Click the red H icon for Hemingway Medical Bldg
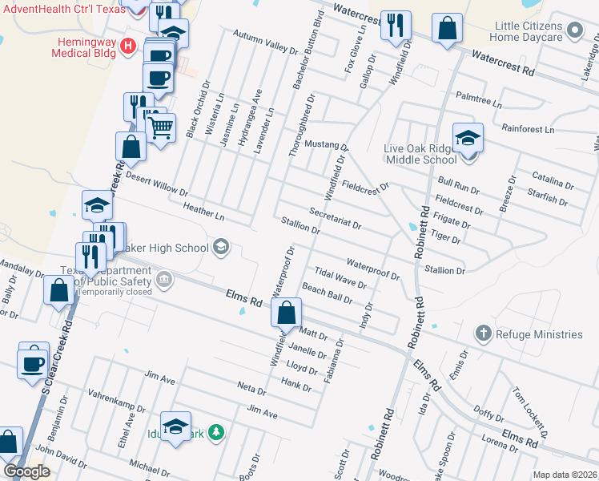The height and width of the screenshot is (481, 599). tap(127, 45)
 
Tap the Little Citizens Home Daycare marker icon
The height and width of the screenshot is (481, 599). tap(573, 30)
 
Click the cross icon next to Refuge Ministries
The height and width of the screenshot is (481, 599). tap(483, 333)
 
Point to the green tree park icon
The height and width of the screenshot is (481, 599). tap(215, 433)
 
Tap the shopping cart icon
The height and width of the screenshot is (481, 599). tap(161, 126)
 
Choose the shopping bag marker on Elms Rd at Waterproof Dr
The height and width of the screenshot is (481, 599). tap(287, 313)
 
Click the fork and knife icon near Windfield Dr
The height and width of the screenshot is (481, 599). tap(396, 26)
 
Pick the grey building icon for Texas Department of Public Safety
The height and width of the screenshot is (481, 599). tap(163, 280)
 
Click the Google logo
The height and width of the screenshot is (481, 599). tap(27, 471)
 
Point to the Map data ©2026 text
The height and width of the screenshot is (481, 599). tap(565, 475)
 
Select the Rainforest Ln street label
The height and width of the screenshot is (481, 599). tap(528, 128)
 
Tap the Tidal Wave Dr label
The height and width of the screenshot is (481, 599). tap(340, 277)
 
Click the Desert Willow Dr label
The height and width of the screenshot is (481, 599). tap(156, 185)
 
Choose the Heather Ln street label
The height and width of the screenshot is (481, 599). tap(203, 212)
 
